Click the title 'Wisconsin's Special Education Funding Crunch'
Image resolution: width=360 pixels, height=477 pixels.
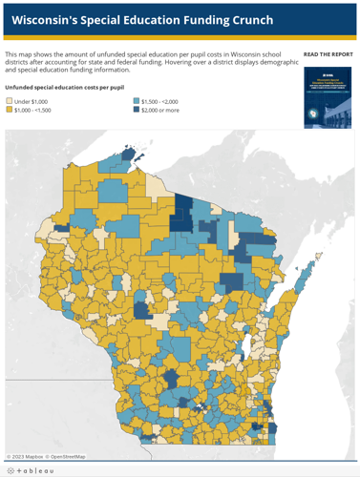[x=142, y=20]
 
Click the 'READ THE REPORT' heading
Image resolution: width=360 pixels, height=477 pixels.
[x=328, y=54]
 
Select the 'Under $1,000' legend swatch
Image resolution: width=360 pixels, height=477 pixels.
[x=10, y=101]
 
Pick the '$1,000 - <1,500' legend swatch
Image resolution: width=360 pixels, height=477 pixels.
[x=10, y=110]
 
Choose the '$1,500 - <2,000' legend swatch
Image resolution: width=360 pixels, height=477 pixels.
[x=137, y=101]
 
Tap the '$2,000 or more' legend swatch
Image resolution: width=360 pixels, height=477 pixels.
[x=137, y=110]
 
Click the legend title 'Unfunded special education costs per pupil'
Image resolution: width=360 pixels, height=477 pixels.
[x=64, y=88]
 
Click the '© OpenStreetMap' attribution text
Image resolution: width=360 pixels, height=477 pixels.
[x=66, y=457]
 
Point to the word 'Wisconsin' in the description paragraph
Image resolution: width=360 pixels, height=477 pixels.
[x=225, y=55]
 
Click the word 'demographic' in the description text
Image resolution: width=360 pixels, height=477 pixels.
[x=254, y=63]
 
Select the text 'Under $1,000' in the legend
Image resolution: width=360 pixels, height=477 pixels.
[x=31, y=101]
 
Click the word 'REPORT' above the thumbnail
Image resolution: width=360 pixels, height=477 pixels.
[x=340, y=54]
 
